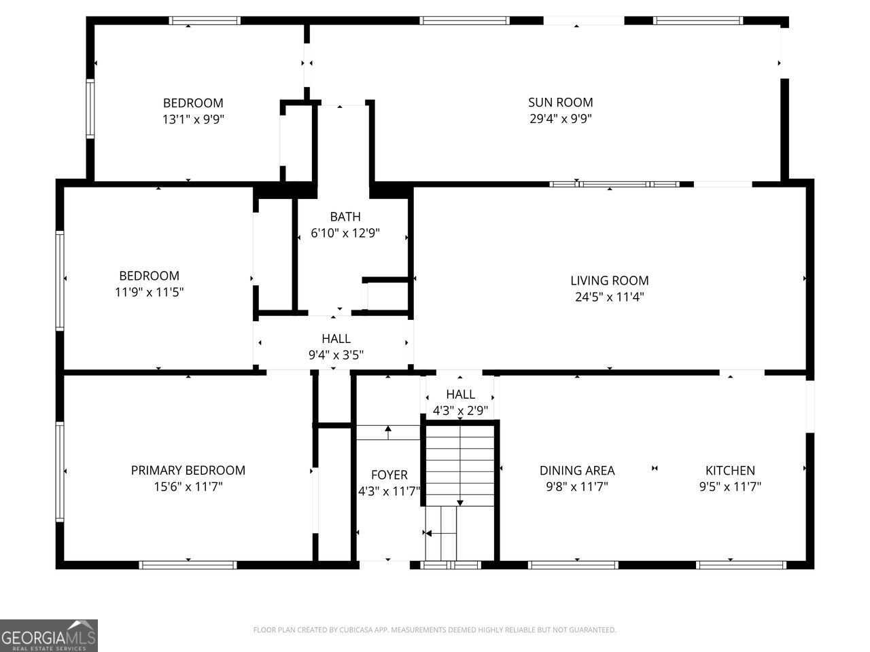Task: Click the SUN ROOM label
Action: [560, 103]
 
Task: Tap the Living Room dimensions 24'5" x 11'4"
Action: [609, 297]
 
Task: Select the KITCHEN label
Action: [729, 470]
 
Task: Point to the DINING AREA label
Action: [577, 470]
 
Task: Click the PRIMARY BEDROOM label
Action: [188, 470]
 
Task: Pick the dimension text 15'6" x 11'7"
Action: [188, 486]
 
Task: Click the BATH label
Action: [345, 217]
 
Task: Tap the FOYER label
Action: [389, 475]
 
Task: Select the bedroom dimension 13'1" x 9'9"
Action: [193, 120]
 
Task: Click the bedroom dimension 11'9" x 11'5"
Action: [149, 292]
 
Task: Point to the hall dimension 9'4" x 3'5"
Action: [336, 355]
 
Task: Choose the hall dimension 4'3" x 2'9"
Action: [460, 410]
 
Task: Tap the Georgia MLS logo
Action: [49, 636]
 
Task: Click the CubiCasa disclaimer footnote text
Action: [434, 630]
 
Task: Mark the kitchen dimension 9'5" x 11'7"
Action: [729, 486]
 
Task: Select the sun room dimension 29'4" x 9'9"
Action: [560, 119]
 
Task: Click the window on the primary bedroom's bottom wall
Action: [188, 564]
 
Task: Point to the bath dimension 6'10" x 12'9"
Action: [345, 233]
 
